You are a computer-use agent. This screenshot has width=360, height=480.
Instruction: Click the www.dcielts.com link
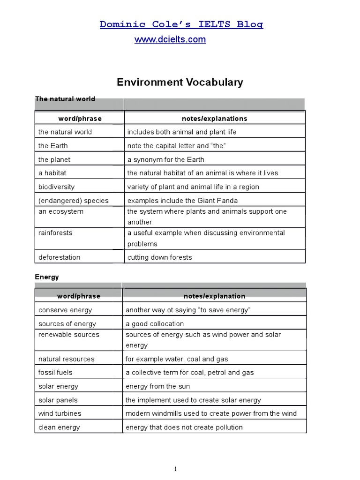(x=170, y=40)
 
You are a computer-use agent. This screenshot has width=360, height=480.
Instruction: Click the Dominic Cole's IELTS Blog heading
(x=181, y=24)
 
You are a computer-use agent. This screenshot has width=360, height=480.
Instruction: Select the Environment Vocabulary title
(x=180, y=82)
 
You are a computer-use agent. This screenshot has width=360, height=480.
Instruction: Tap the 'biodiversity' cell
(x=56, y=187)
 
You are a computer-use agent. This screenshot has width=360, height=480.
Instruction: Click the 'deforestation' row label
(x=59, y=257)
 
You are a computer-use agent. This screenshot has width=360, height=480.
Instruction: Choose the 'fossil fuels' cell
(x=55, y=373)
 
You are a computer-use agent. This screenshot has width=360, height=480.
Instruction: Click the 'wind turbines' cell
(x=60, y=413)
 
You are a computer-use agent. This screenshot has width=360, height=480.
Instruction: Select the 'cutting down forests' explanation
(x=159, y=257)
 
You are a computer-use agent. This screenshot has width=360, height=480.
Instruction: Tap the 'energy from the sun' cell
(x=157, y=386)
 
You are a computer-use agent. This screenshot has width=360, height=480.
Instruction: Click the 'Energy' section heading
(x=47, y=277)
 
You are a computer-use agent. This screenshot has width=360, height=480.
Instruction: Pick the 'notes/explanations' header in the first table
(x=214, y=119)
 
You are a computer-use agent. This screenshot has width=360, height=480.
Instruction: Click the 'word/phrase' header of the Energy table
(x=79, y=296)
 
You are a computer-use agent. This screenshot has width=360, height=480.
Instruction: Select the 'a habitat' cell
(x=52, y=173)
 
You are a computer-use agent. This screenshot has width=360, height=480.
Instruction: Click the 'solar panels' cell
(x=58, y=400)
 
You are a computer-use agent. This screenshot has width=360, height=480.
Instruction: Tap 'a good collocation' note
(x=155, y=323)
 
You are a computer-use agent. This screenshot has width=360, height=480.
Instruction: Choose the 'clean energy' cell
(x=59, y=427)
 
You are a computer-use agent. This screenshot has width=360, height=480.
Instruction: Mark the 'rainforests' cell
(x=55, y=233)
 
